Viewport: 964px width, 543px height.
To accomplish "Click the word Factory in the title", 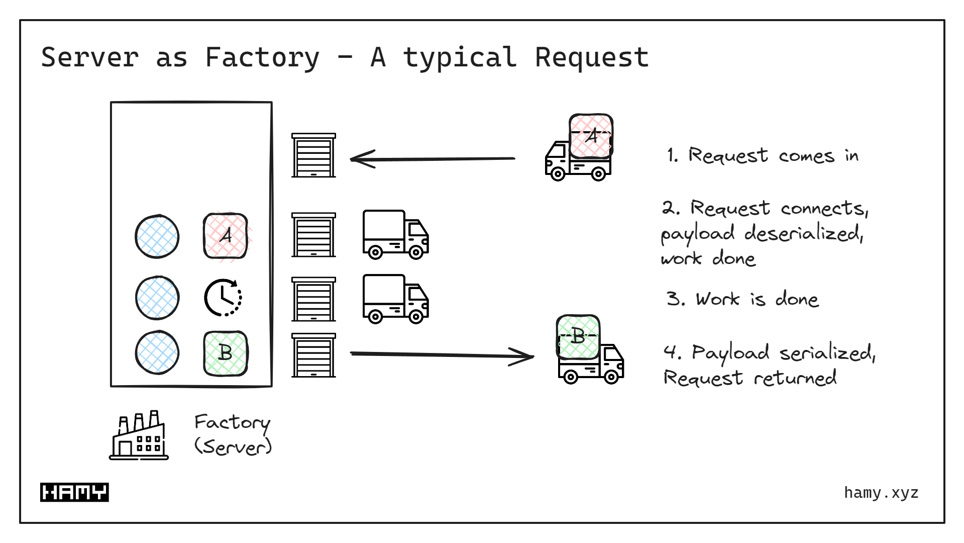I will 262,58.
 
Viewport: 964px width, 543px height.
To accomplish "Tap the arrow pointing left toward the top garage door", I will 432,159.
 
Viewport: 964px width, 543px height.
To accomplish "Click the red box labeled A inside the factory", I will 226,236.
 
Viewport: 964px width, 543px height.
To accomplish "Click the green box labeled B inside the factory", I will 226,353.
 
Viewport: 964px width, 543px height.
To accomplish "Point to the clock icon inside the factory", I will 223,297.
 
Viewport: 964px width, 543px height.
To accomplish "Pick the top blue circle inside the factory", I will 157,236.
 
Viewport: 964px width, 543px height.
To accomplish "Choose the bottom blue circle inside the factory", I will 157,352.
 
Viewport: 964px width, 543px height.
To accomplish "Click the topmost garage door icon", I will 313,155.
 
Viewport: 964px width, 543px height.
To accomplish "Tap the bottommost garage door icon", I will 313,355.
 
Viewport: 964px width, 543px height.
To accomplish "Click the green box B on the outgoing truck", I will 578,336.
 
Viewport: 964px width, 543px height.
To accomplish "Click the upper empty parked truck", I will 395,234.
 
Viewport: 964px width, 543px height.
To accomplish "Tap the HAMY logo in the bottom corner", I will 74,492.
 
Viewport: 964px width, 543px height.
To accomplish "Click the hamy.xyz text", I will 881,493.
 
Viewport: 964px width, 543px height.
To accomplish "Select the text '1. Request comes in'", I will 763,155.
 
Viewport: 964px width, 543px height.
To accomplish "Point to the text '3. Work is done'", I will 742,299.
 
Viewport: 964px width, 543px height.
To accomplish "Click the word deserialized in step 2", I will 803,233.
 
